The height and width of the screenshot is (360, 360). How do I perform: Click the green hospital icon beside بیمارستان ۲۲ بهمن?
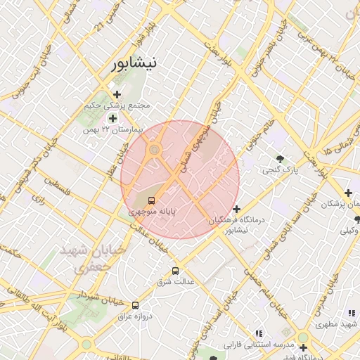[112, 118]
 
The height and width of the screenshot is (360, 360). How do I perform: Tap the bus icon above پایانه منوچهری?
[153, 200]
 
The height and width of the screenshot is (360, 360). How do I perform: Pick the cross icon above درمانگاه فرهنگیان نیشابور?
[237, 209]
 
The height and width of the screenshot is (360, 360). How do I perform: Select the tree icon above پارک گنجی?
[281, 159]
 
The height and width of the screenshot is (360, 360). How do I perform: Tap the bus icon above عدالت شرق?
[175, 271]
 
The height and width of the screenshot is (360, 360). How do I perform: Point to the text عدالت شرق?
[179, 282]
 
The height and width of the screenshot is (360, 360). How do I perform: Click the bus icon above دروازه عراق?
[135, 304]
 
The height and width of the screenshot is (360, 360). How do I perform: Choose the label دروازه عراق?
[130, 316]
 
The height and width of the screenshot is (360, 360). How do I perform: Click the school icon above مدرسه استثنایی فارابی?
[259, 333]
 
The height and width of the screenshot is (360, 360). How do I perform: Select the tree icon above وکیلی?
[357, 219]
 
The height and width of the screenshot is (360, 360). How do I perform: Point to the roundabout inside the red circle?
[154, 150]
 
